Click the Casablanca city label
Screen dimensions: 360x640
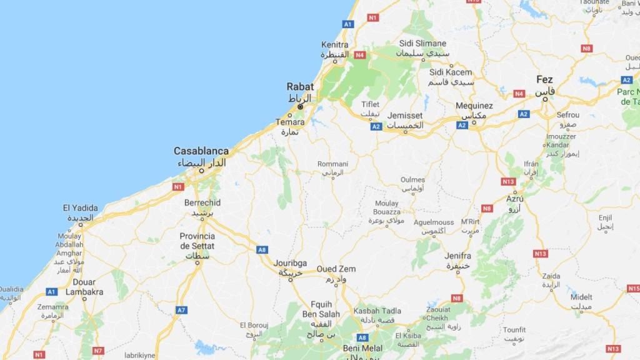tap(201, 151)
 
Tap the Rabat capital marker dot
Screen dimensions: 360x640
tap(301, 107)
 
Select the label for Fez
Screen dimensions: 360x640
tap(544, 79)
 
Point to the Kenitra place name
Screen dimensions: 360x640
tap(334, 45)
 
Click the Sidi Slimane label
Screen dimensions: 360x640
tap(423, 44)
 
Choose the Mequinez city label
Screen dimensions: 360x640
tap(474, 106)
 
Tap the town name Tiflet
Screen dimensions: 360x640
tap(371, 104)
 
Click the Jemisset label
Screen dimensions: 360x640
tap(405, 116)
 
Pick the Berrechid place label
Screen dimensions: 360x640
tap(202, 203)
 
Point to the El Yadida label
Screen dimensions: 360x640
tap(80, 207)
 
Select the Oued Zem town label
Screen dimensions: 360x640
tap(336, 269)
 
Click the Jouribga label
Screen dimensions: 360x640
tap(290, 264)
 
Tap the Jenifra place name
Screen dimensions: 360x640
tap(457, 256)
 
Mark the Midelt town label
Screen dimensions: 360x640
tap(581, 297)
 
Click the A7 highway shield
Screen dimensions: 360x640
tap(181, 310)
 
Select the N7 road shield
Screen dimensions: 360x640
tap(97, 351)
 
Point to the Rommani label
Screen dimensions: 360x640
tap(332, 164)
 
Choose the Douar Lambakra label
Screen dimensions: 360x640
tap(84, 287)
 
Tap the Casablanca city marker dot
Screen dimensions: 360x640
tap(201, 170)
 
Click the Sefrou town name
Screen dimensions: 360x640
tap(567, 116)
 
